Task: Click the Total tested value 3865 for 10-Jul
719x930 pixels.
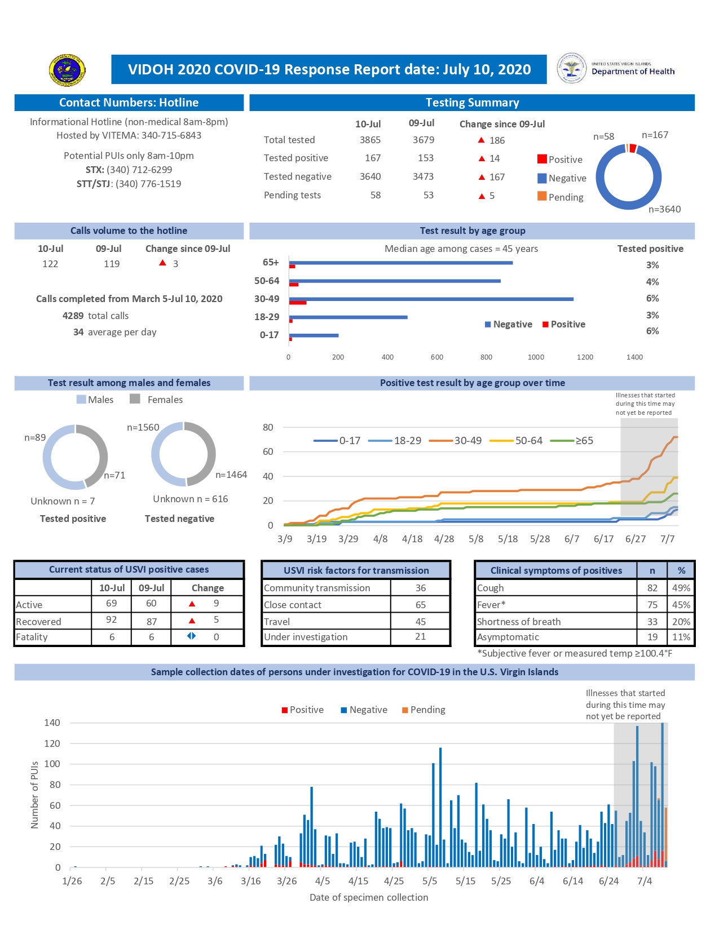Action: [x=370, y=140]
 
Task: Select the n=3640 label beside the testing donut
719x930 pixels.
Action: [x=664, y=209]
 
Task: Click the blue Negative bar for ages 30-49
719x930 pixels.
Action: [x=431, y=299]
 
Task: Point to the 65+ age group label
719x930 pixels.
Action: [x=271, y=262]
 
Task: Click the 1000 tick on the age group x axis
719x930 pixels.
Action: [x=536, y=357]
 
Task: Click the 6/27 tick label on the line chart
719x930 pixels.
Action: [x=636, y=539]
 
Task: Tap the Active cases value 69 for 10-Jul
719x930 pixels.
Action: [x=112, y=603]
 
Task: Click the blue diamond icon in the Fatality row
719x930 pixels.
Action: [x=192, y=636]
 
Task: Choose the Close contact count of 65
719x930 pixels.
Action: [x=421, y=605]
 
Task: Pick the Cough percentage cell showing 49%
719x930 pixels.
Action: [x=681, y=588]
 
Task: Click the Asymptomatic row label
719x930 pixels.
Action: [x=508, y=637]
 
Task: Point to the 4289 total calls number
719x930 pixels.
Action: [x=73, y=316]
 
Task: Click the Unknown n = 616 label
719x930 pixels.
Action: [x=191, y=499]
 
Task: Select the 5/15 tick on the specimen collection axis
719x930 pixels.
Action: [x=465, y=881]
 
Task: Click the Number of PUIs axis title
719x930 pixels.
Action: [x=35, y=795]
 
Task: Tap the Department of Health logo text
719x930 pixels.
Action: [x=633, y=71]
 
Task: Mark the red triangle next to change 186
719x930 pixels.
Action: [x=481, y=140]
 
